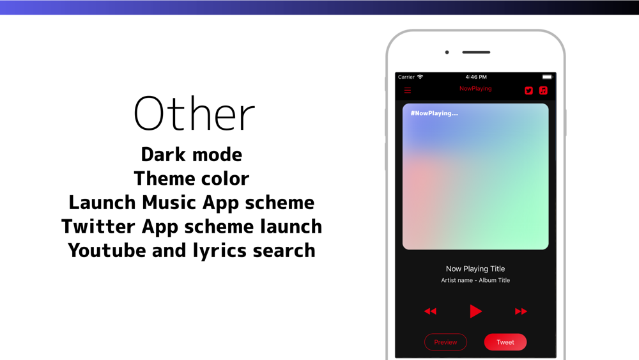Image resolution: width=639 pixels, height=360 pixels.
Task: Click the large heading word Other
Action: click(x=194, y=113)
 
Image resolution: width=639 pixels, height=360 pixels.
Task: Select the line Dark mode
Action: click(x=192, y=155)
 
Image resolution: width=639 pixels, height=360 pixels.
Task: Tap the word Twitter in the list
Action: click(x=98, y=227)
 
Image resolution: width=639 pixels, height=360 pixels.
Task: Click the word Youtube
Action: click(x=107, y=250)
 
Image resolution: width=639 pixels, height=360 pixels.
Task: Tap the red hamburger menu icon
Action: click(x=408, y=90)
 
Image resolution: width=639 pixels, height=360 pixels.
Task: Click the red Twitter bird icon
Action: click(x=528, y=91)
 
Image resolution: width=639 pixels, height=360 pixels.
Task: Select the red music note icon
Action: click(x=543, y=91)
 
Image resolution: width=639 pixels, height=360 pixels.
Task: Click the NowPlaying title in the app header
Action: click(x=475, y=88)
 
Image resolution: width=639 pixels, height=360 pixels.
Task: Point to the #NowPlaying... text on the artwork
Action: click(x=434, y=113)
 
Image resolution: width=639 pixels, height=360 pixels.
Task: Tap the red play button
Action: click(x=475, y=311)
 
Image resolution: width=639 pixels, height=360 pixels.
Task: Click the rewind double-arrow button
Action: click(x=430, y=311)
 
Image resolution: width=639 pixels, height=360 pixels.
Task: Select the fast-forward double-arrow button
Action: click(x=521, y=311)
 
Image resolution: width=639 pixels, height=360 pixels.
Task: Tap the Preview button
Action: click(x=445, y=342)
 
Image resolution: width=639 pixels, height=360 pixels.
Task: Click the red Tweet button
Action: click(x=505, y=342)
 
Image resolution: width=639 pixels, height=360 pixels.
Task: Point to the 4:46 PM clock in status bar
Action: click(x=476, y=77)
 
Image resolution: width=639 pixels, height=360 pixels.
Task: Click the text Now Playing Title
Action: click(x=475, y=269)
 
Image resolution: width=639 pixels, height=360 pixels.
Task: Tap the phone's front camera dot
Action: click(x=447, y=52)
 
